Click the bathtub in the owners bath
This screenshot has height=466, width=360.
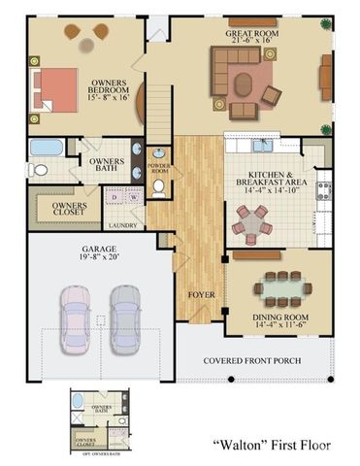coord(44,149)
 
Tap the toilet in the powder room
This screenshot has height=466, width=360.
coord(159,185)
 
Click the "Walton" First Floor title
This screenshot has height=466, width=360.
coord(271,444)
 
